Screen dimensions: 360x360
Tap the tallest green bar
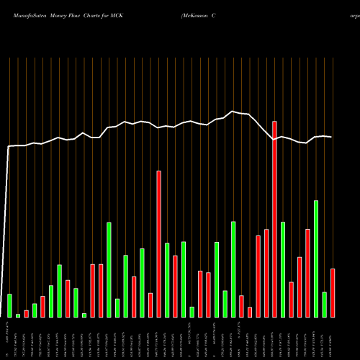click(316, 258)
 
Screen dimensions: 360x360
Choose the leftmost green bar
click(9, 305)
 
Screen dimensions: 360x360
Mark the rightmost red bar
click(333, 292)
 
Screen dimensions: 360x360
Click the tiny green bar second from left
click(18, 315)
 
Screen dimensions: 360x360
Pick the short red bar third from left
click(27, 313)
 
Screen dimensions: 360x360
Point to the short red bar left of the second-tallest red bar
click(150, 305)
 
